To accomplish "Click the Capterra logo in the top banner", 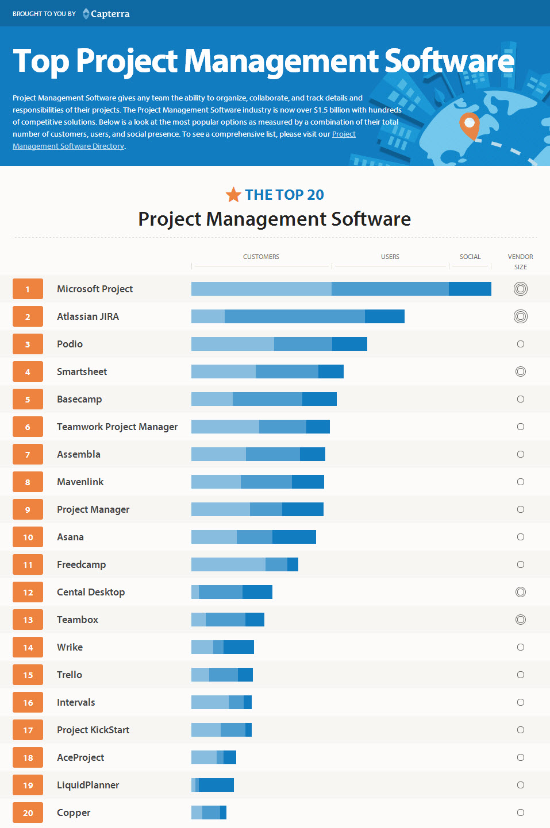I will pyautogui.click(x=106, y=14).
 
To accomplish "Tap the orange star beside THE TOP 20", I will pyautogui.click(x=233, y=195).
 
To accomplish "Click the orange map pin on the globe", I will pyautogui.click(x=470, y=125).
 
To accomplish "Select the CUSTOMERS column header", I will pyautogui.click(x=261, y=257).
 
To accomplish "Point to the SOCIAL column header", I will pyautogui.click(x=470, y=257).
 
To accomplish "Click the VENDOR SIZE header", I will pyautogui.click(x=520, y=262).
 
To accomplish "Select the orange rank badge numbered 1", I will pyautogui.click(x=28, y=289).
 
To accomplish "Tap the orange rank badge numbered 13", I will pyautogui.click(x=28, y=620).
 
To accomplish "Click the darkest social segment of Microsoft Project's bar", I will pyautogui.click(x=470, y=289).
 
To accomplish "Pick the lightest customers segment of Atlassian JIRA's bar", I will pyautogui.click(x=208, y=316).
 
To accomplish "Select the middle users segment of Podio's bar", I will pyautogui.click(x=303, y=344).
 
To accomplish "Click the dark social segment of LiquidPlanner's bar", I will pyautogui.click(x=216, y=785).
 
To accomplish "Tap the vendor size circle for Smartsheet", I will pyautogui.click(x=521, y=372).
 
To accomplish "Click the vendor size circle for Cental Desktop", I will pyautogui.click(x=521, y=592).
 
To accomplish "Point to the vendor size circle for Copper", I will pyautogui.click(x=521, y=812).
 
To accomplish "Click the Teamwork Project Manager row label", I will pyautogui.click(x=117, y=427).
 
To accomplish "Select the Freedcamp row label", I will pyautogui.click(x=81, y=564).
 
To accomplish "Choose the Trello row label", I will pyautogui.click(x=70, y=675).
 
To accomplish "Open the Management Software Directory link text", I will pyautogui.click(x=68, y=146).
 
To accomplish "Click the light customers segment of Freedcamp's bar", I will pyautogui.click(x=228, y=564).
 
